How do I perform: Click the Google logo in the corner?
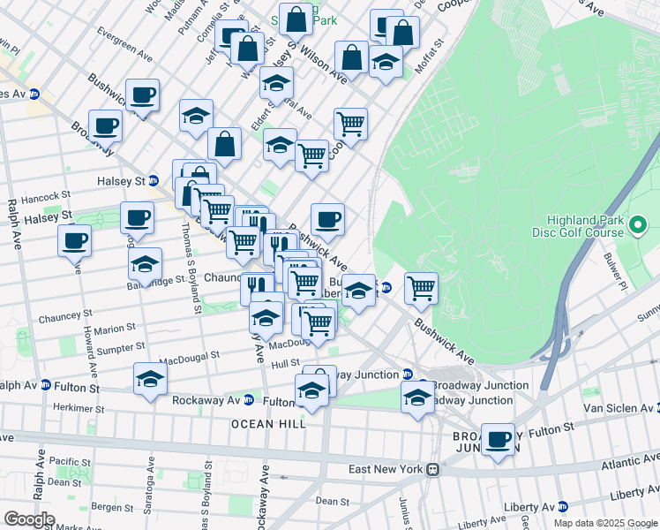coord(28,519)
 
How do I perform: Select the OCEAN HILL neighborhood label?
coord(269,424)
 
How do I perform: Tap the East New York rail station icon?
coord(432,470)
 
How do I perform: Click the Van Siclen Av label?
coord(617,408)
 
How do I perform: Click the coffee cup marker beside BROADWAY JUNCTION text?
coord(499,439)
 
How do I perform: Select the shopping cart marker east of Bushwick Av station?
coord(422,286)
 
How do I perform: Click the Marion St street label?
coord(115,328)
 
